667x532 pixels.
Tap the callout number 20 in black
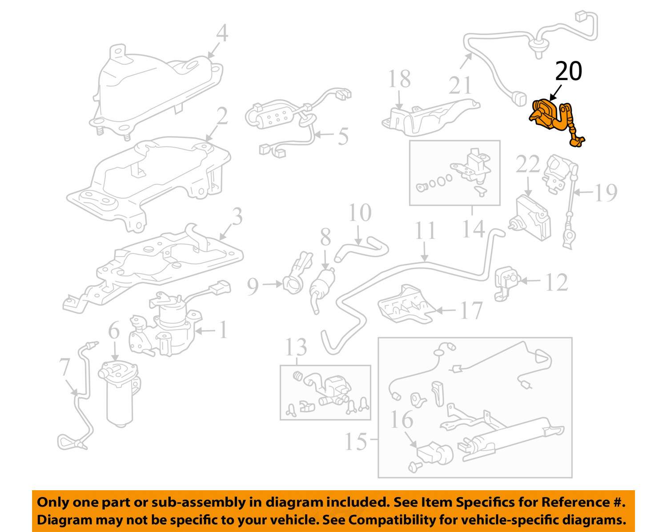pos(568,71)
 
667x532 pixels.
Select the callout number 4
pos(222,33)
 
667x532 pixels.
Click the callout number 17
pos(471,310)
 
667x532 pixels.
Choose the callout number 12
pos(557,282)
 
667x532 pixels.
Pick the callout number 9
pos(253,286)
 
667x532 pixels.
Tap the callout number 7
pos(64,367)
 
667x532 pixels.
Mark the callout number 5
pos(343,136)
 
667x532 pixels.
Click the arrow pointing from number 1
pos(205,331)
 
